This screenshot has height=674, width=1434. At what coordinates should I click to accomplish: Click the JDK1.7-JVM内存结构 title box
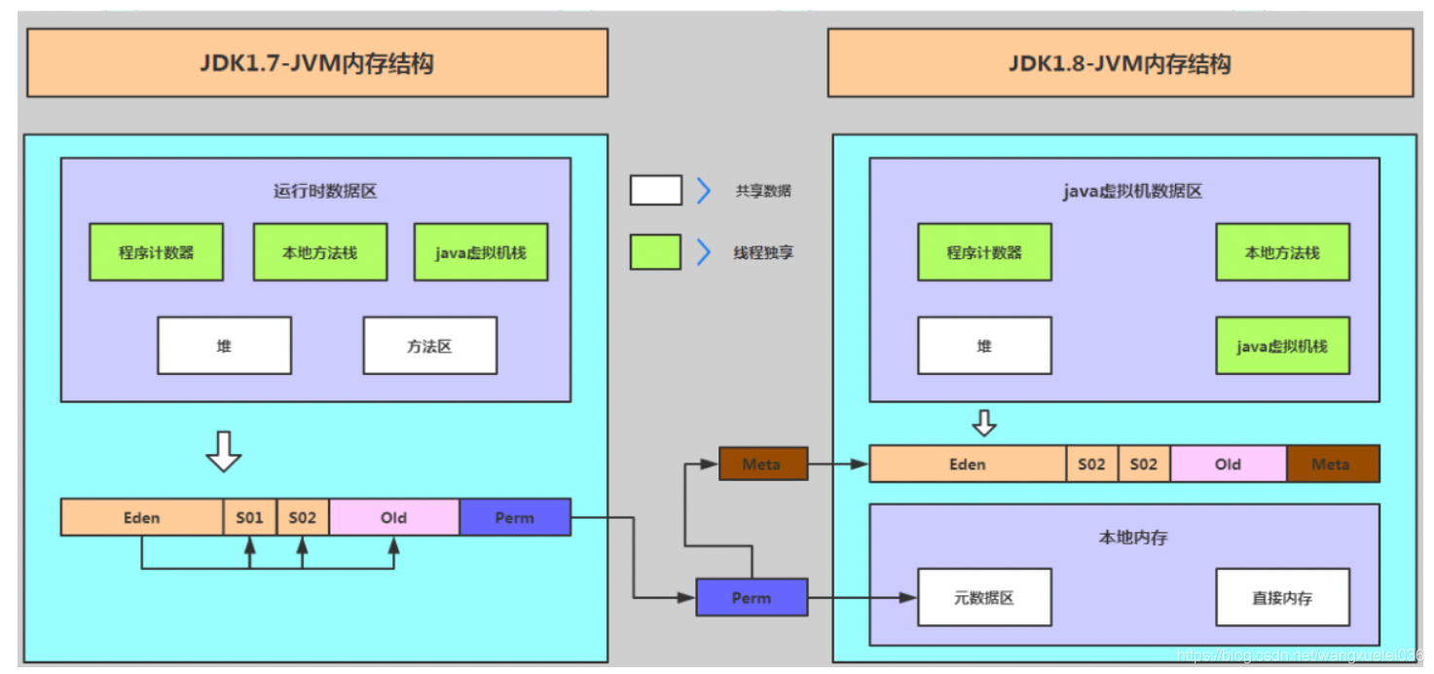317,63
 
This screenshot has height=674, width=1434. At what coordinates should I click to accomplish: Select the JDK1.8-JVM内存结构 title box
1120,63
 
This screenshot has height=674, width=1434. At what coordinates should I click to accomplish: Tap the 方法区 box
429,346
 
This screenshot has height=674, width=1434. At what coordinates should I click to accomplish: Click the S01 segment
250,517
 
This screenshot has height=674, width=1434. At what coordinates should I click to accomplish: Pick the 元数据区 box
984,597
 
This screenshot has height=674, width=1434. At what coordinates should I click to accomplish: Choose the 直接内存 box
1282,597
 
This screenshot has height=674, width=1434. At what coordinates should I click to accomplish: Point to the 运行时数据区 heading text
325,191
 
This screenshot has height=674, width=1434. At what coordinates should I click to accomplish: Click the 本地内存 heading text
1132,537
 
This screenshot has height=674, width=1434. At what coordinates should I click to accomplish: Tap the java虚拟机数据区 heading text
1132,191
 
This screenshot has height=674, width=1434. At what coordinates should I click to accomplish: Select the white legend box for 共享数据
655,191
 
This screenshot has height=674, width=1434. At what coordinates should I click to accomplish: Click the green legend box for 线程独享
655,252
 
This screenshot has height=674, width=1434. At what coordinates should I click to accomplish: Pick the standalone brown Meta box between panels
762,464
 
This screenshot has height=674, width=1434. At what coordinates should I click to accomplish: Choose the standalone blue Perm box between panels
752,597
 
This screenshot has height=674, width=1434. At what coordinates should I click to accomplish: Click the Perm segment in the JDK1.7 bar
514,517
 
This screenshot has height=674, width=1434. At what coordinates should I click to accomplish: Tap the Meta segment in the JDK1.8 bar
1332,465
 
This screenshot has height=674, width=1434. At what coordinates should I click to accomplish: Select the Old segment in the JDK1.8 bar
1228,465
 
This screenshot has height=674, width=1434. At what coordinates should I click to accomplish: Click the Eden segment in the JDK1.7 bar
142,517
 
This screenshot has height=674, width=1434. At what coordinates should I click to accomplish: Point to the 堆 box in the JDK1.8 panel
984,346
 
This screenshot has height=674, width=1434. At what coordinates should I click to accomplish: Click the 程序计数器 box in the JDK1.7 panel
156,252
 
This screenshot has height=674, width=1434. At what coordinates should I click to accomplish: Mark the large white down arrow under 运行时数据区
224,451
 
